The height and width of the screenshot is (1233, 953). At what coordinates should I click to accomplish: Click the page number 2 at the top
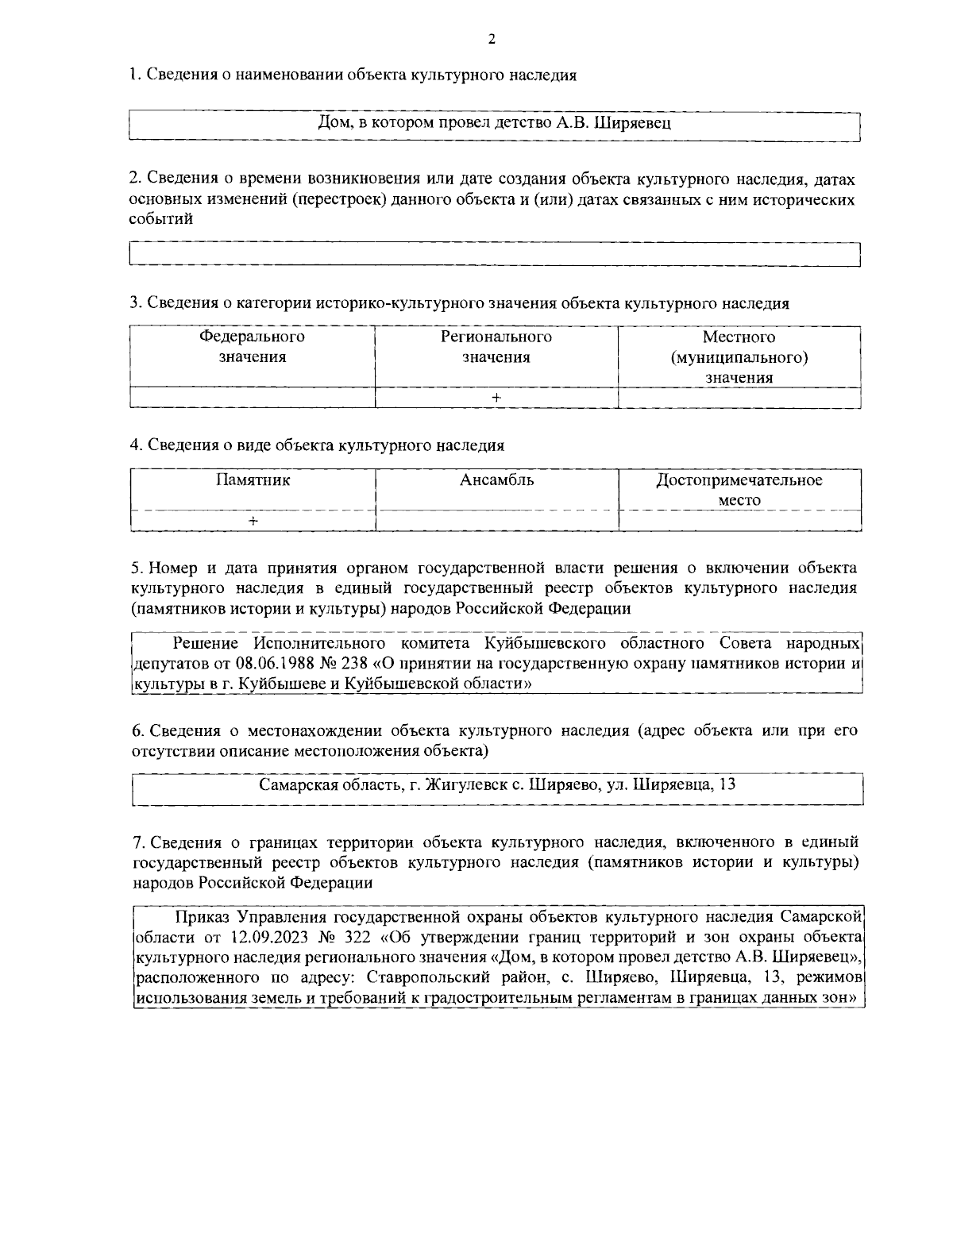[x=491, y=40]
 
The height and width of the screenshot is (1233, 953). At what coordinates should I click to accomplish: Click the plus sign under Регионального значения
[x=496, y=399]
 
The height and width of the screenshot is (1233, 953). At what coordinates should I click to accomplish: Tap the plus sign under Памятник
[x=253, y=521]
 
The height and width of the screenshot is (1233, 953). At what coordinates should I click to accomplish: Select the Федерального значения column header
[x=253, y=347]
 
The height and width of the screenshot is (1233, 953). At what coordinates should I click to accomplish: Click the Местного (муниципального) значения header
[x=739, y=357]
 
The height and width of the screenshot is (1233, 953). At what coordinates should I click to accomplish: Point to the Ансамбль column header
[x=496, y=480]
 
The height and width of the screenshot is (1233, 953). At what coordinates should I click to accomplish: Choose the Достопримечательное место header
[x=739, y=490]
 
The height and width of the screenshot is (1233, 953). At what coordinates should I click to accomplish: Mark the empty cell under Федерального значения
[x=253, y=399]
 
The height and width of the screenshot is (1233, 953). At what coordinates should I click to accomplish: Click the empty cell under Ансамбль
[x=496, y=521]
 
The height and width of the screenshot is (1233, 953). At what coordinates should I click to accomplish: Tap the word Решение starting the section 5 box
[x=204, y=643]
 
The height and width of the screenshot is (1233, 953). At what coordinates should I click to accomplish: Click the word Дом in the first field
[x=331, y=123]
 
